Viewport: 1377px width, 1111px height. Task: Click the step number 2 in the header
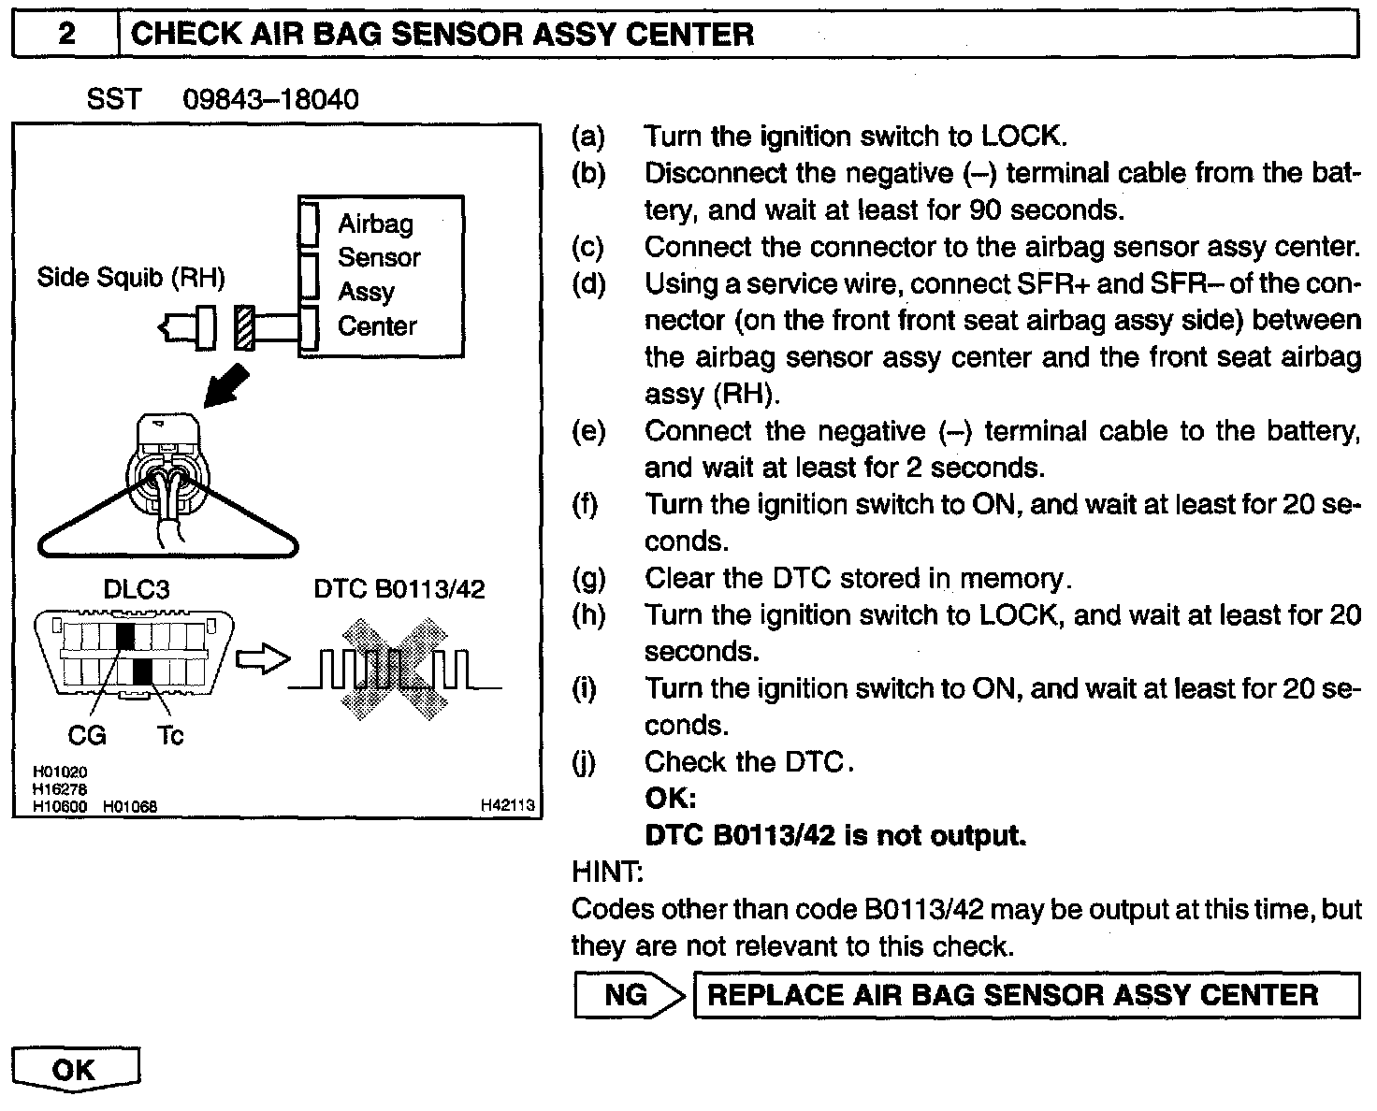pos(67,36)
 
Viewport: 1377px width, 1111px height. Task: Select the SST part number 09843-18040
pos(271,99)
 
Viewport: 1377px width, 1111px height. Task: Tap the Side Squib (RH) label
pos(131,277)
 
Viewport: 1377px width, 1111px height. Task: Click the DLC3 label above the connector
pos(136,589)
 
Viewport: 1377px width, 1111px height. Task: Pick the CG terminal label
pos(87,736)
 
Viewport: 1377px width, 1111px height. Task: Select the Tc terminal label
pos(170,736)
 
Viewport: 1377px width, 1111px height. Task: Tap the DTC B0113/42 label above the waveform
pos(399,589)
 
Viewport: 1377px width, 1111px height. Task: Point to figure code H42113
pos(507,804)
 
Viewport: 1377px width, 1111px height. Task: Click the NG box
pos(626,995)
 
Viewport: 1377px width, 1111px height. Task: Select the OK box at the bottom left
pos(75,1069)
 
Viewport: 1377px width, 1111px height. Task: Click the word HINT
pos(605,872)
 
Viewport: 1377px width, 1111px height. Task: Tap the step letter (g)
pos(588,578)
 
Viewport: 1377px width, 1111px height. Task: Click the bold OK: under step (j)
pos(671,799)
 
